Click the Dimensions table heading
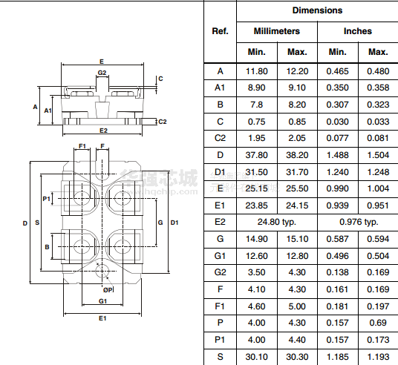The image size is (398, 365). (x=317, y=10)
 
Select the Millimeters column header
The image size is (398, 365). (x=277, y=31)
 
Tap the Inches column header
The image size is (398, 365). (x=358, y=31)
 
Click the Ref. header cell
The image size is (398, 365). (x=220, y=31)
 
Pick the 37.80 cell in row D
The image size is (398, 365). (x=257, y=155)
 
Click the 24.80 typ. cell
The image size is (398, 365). (x=277, y=222)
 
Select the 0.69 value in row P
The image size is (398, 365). (x=378, y=323)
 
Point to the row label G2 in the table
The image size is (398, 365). (x=220, y=272)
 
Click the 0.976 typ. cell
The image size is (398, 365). (x=359, y=222)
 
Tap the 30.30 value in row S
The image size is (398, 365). (x=297, y=357)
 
